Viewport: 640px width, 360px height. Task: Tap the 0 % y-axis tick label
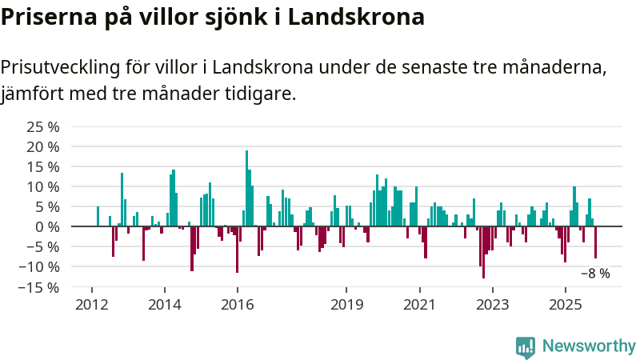point(47,226)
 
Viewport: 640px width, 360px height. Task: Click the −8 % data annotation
point(594,273)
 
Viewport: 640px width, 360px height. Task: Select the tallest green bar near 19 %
point(246,188)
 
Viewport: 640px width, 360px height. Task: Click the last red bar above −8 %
point(595,242)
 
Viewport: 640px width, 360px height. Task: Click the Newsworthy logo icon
point(526,346)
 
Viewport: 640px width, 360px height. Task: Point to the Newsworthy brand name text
point(589,346)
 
